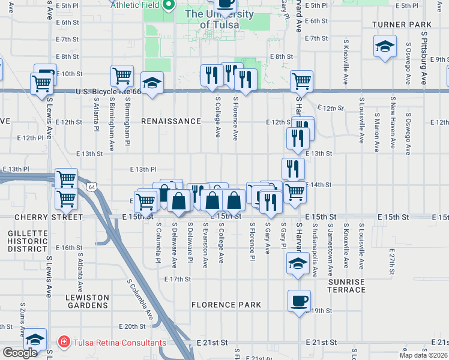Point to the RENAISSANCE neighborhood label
point(171,121)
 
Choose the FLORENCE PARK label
point(226,305)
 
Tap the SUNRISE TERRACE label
point(346,286)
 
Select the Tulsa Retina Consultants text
point(119,343)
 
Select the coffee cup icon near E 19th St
point(298,301)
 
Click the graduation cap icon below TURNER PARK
point(384,46)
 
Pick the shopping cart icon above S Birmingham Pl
point(122,76)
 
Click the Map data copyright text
point(423,355)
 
